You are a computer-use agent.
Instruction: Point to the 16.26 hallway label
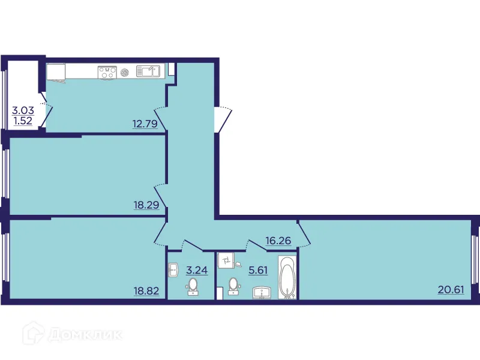pos(278,241)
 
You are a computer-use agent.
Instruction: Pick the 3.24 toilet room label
pos(197,270)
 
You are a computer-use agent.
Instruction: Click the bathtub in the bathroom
pos(287,277)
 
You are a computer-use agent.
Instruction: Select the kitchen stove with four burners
pos(107,72)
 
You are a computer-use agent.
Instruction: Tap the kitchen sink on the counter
pos(148,72)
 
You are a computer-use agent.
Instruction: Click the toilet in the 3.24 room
pos(193,287)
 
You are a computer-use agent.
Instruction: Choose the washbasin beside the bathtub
pos(262,292)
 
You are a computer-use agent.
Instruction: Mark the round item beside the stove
pos(125,72)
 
